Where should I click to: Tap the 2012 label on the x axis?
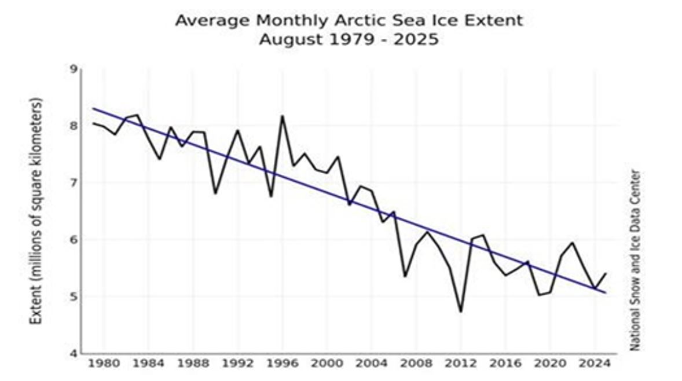[460, 365]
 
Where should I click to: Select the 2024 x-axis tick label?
[593, 365]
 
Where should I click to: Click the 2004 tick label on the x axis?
[371, 365]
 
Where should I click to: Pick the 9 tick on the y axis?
[73, 69]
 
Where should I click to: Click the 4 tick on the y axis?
[73, 353]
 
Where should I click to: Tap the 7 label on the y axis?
[73, 183]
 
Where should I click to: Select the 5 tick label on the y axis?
[73, 296]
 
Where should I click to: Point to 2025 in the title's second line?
[417, 40]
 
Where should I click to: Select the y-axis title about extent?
[36, 211]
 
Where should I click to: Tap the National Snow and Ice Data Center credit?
[635, 259]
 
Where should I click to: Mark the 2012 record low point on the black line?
[460, 312]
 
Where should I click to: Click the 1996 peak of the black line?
[282, 116]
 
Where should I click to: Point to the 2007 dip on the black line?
[405, 276]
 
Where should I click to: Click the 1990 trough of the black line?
[215, 193]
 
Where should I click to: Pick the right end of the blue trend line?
[606, 292]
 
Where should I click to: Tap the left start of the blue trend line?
[93, 108]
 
